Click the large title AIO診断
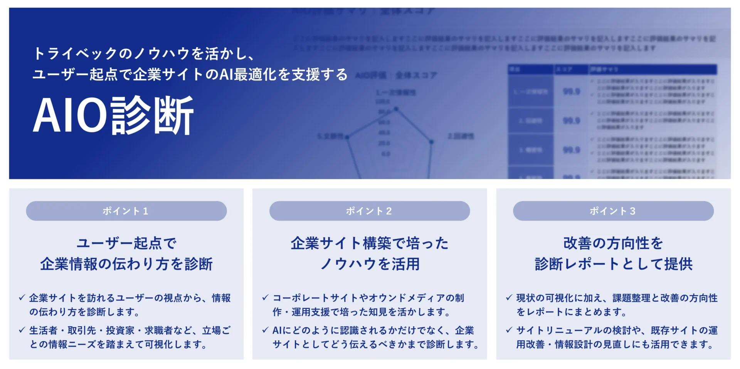[113, 115]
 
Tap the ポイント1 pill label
[126, 211]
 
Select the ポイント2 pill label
[369, 211]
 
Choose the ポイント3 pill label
[613, 211]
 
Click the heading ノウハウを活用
[370, 264]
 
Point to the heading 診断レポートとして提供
[614, 264]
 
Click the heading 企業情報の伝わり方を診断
[126, 264]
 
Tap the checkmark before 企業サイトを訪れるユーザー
[22, 297]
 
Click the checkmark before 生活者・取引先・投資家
[22, 330]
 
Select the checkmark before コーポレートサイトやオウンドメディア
[265, 297]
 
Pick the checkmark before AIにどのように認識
[265, 330]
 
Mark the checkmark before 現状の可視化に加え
[509, 297]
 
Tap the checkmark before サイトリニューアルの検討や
[509, 330]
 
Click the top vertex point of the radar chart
[396, 109]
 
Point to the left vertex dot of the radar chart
[347, 137]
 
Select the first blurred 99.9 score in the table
[572, 92]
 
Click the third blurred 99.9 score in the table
[572, 150]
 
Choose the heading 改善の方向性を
[613, 243]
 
